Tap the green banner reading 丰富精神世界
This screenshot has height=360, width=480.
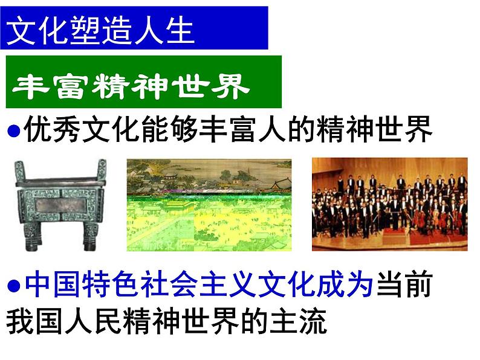[x=143, y=82]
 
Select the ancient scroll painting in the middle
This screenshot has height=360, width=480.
[x=209, y=204]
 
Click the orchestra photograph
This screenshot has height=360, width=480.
[x=389, y=204]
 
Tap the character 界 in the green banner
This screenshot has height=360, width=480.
[x=231, y=86]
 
